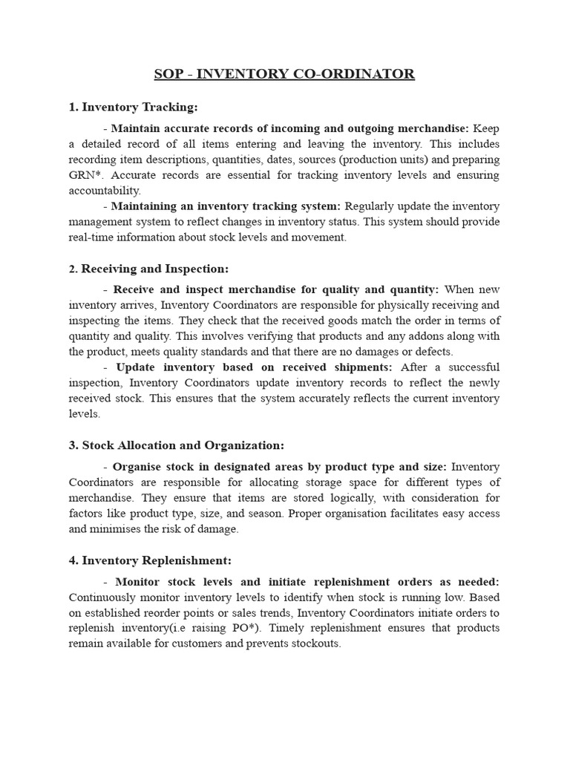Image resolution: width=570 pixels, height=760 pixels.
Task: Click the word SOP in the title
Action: point(168,74)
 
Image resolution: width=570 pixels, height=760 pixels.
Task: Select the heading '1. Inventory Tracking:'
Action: point(133,108)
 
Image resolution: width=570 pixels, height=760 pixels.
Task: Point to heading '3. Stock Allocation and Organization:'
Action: point(176,445)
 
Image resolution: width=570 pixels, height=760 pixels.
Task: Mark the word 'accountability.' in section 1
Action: point(104,191)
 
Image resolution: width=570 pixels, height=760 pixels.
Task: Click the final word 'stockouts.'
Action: point(313,643)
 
